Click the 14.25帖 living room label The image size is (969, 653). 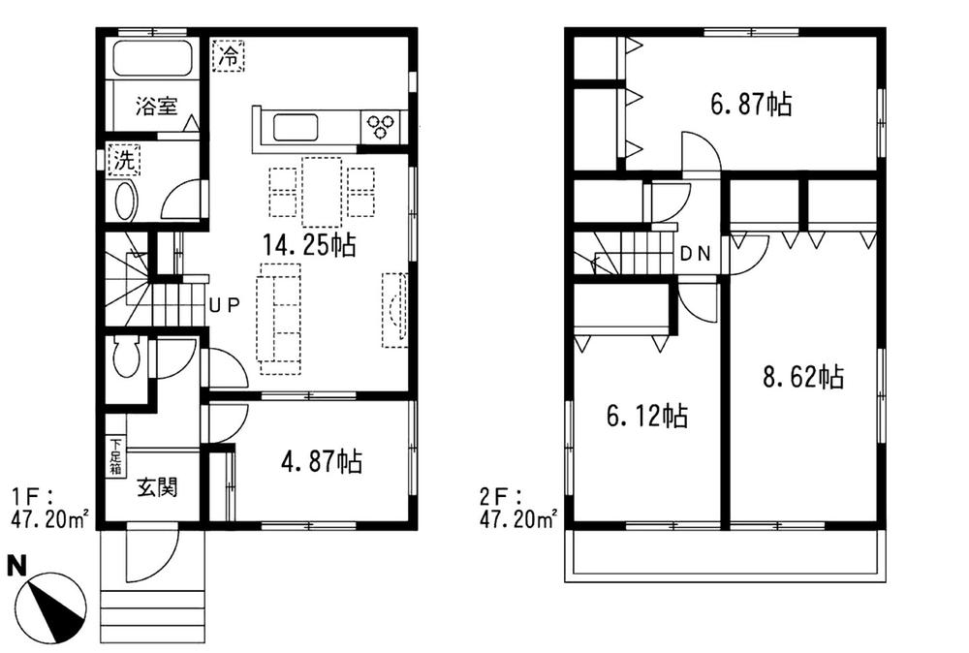pos(309,245)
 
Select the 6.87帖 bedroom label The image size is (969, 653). pos(751,104)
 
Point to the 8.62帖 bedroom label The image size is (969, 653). pos(802,377)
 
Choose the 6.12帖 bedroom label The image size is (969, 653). pos(646,417)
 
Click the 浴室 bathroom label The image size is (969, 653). pos(156,108)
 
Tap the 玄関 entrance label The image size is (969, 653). pos(156,487)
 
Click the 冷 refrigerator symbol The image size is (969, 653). pos(229,54)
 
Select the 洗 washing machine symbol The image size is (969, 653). pos(123,160)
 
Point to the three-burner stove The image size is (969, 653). pos(381,126)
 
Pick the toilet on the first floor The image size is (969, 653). pos(126,359)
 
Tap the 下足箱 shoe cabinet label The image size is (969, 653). pos(115,457)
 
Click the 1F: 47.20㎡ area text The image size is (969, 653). pos(49,509)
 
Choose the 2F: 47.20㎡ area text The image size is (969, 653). pos(517,509)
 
